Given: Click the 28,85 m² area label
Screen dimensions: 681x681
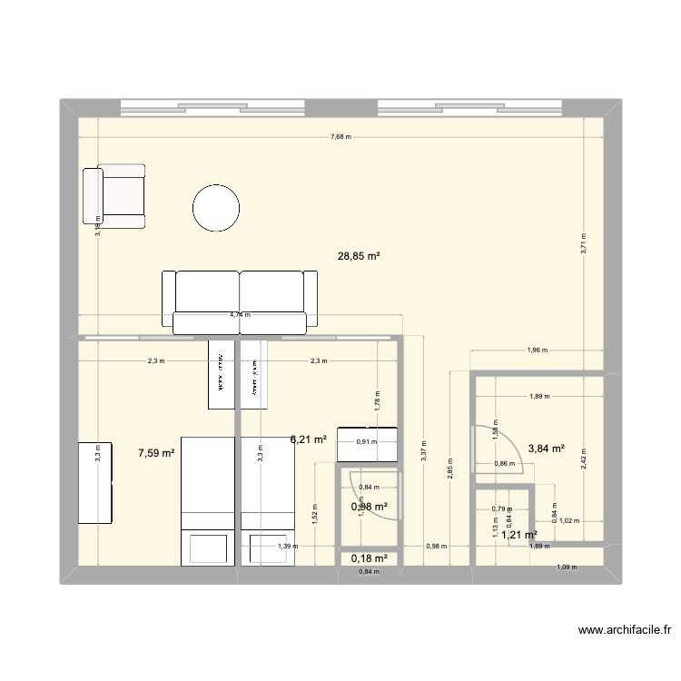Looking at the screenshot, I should [359, 257].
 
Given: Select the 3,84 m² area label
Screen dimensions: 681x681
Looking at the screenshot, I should [547, 448].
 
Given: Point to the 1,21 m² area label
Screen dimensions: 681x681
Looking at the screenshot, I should [519, 535].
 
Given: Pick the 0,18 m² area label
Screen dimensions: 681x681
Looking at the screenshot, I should [370, 558].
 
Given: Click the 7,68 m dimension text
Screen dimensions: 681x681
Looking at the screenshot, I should [340, 137].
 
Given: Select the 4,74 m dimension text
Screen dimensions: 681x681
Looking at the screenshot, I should [241, 315].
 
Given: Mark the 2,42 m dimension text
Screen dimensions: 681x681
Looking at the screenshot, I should [584, 460].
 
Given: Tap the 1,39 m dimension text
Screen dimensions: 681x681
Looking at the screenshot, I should [287, 547].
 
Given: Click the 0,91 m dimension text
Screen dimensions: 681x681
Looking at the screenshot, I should [368, 442].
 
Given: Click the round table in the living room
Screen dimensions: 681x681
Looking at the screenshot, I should [217, 209].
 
